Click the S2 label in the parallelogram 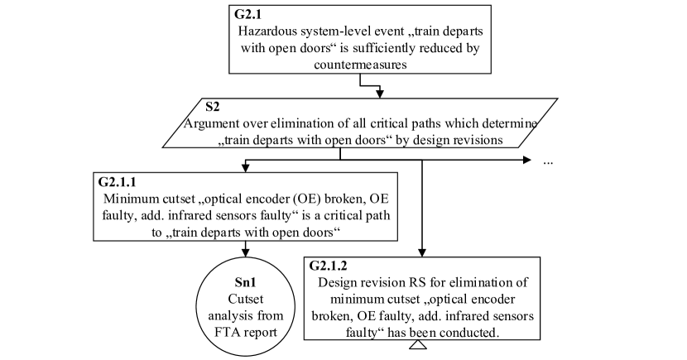pos(213,106)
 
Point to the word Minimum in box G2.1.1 pos(132,199)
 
